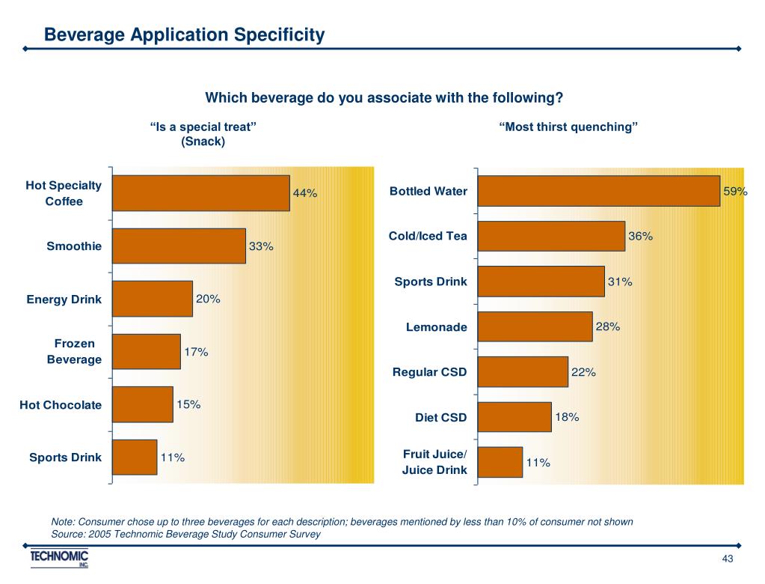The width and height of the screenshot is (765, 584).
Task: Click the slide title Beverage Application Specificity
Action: [x=184, y=34]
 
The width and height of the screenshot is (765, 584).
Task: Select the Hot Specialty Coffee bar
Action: [x=200, y=193]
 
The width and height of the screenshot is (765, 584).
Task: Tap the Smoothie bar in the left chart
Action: [x=179, y=246]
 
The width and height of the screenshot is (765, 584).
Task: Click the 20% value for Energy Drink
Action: [x=208, y=299]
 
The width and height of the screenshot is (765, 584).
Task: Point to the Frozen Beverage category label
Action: [x=74, y=351]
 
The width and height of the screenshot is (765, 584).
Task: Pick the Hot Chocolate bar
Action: [x=142, y=404]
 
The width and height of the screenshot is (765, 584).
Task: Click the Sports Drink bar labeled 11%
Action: [x=135, y=457]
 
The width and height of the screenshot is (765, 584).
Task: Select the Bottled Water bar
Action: [x=598, y=191]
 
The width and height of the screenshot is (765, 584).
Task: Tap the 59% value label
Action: [x=735, y=192]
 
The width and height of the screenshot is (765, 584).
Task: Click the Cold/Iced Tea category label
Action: [x=428, y=237]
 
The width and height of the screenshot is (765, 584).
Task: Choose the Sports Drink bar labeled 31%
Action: [x=541, y=282]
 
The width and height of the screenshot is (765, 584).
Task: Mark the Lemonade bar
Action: [x=535, y=326]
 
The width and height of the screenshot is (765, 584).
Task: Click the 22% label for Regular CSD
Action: [x=583, y=372]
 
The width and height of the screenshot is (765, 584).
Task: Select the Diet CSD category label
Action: [x=440, y=418]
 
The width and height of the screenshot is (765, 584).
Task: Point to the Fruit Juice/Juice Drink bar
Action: [x=500, y=462]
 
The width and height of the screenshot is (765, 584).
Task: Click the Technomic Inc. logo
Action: [x=60, y=559]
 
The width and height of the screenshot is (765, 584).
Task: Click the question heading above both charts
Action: [x=384, y=98]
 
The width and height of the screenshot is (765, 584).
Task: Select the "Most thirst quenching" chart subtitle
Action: [x=568, y=127]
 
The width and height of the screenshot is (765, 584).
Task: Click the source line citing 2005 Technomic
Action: [x=185, y=534]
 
